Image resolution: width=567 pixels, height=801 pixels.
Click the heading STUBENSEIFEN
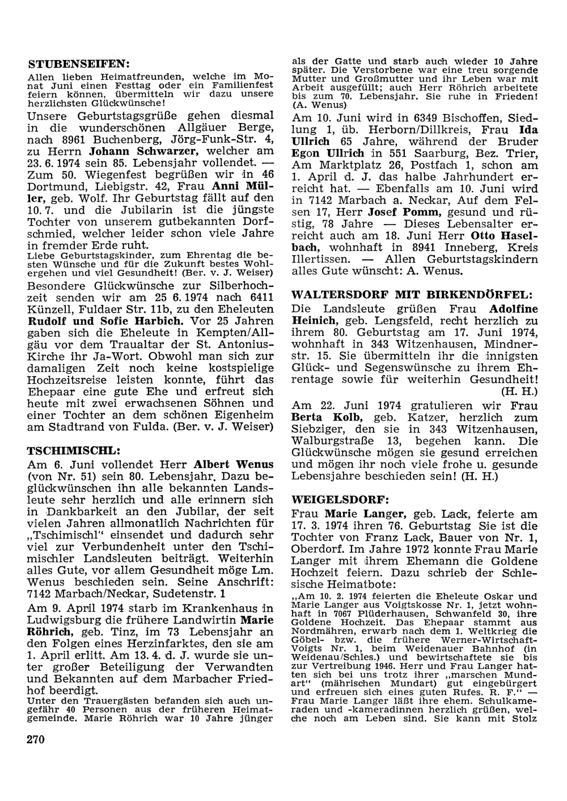click(79, 62)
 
